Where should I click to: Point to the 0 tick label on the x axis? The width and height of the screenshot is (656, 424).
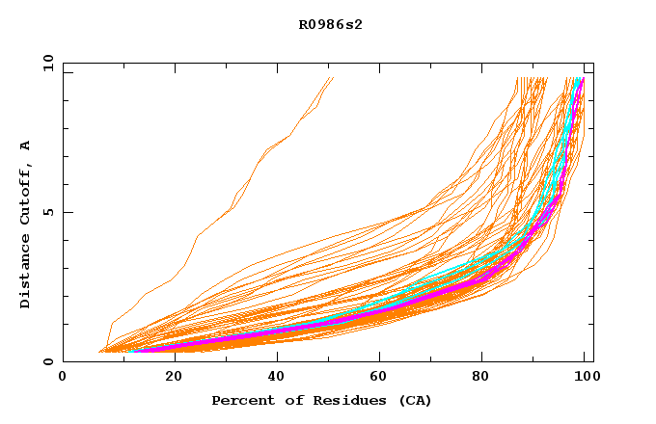coord(63,379)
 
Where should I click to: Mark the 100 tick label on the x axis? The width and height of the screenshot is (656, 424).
coord(585,379)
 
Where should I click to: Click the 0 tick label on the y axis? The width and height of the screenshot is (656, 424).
coord(49,362)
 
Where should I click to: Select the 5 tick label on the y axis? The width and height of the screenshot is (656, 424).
coord(49,212)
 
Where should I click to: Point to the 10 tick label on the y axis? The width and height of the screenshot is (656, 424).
coord(45,63)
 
